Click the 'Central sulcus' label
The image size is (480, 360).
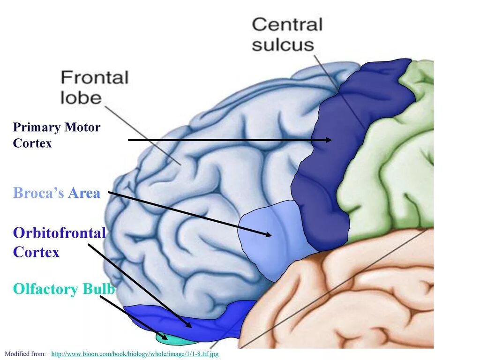(x=287, y=34)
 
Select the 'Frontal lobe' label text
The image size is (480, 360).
(x=94, y=87)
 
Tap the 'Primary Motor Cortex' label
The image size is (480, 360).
(x=56, y=135)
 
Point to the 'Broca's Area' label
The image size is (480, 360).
(x=57, y=193)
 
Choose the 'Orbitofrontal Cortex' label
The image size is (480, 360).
(x=59, y=242)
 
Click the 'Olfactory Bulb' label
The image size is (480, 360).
(x=64, y=289)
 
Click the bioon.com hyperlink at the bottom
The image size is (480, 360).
(x=135, y=353)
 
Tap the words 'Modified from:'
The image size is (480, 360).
(x=25, y=353)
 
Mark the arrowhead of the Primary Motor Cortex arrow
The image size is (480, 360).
(x=329, y=140)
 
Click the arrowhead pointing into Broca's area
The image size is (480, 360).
(x=268, y=234)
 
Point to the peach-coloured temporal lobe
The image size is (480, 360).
(x=356, y=295)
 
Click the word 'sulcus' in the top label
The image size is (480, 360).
(x=283, y=45)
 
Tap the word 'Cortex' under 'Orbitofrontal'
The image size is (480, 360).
(x=37, y=252)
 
